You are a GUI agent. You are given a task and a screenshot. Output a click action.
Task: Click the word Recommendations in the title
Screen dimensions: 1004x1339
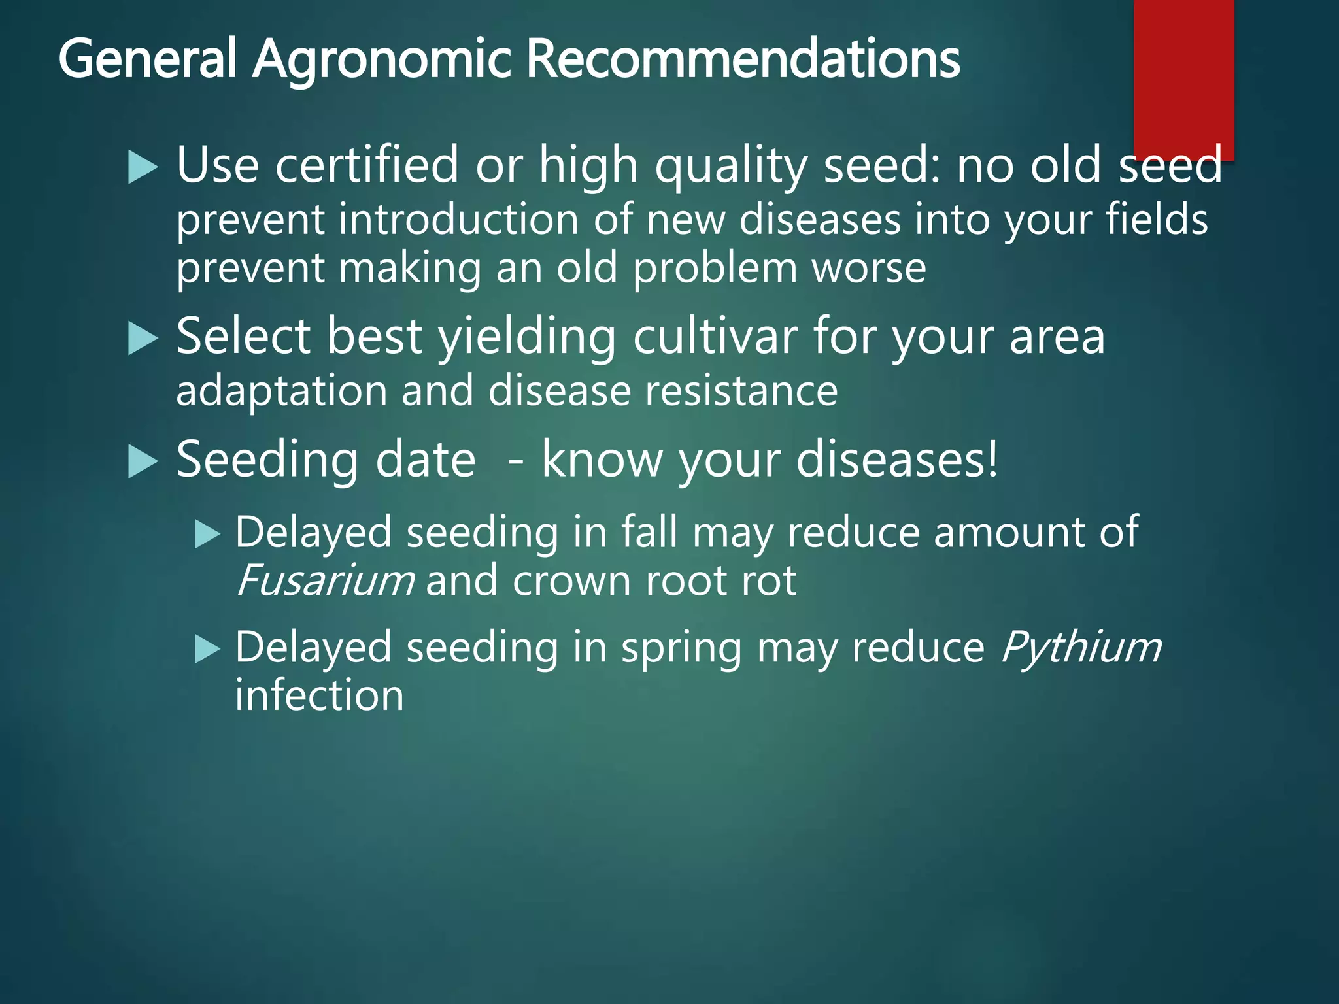pos(743,59)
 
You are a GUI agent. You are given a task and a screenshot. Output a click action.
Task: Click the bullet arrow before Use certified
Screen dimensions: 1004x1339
pos(143,167)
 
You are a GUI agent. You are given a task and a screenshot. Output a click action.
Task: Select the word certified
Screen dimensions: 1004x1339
pos(367,165)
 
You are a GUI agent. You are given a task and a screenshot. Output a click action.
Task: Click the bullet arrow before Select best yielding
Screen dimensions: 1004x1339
pos(143,339)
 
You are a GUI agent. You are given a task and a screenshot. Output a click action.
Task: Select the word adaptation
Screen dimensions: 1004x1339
pos(282,392)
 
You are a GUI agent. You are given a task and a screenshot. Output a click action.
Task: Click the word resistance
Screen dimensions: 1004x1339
pos(741,391)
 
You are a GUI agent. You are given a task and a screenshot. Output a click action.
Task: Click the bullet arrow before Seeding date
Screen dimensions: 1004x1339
pos(143,462)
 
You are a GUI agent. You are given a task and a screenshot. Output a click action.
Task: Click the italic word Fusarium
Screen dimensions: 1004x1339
pos(325,580)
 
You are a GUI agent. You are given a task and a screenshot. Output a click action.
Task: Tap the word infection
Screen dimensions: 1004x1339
pos(319,695)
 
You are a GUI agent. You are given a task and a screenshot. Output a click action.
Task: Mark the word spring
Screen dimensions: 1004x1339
pos(681,648)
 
